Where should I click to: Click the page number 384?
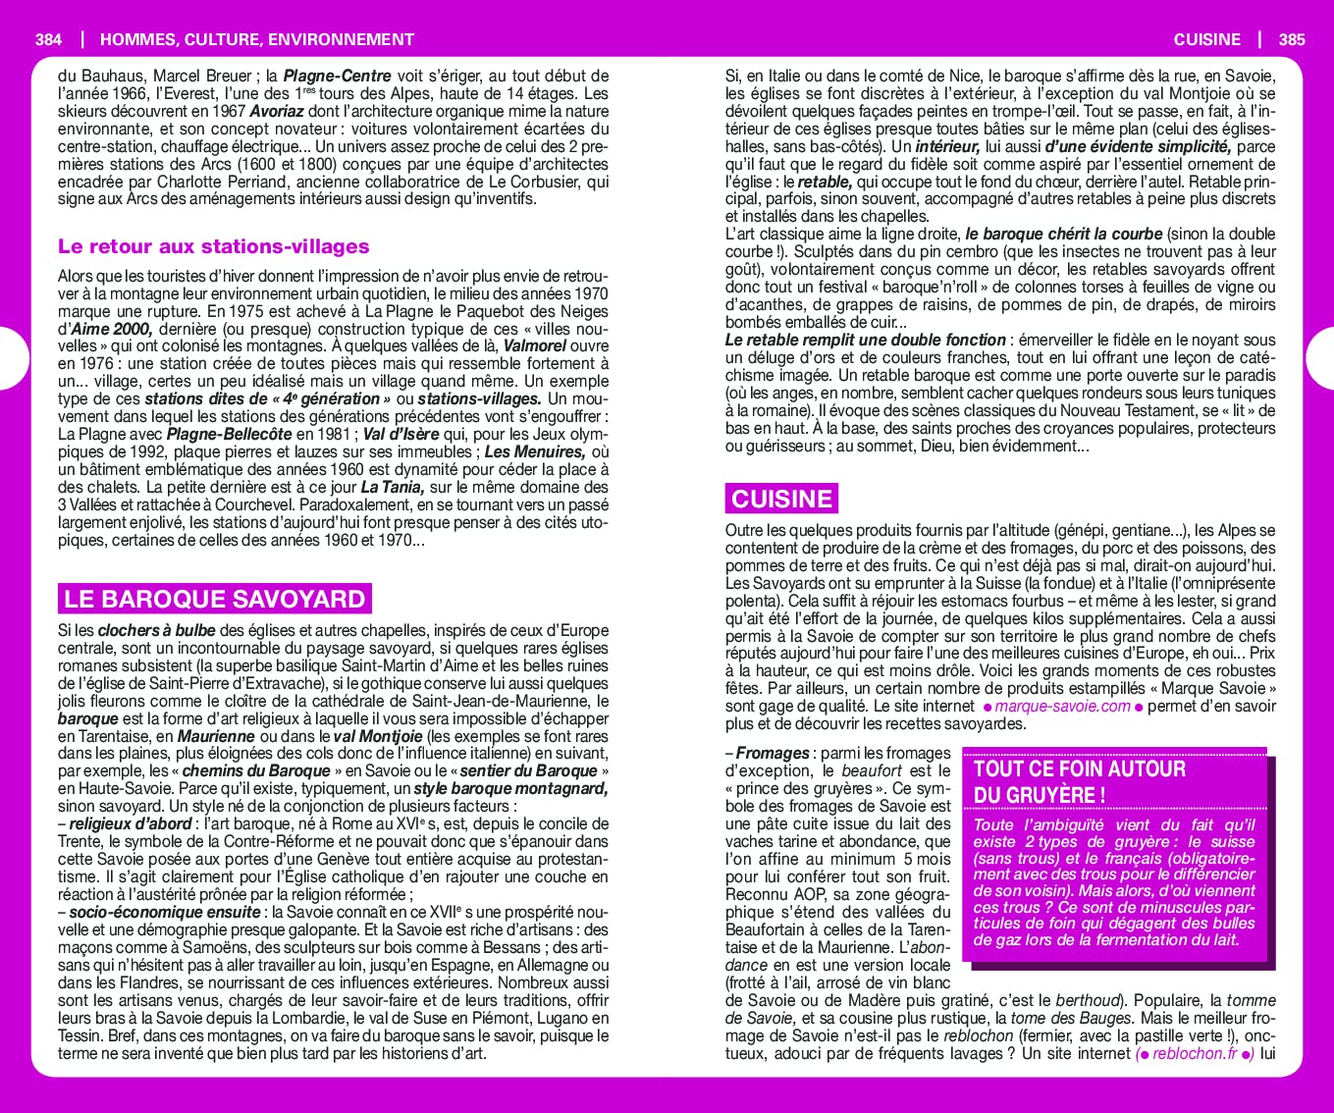pyautogui.click(x=48, y=40)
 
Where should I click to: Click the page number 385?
pyautogui.click(x=1292, y=40)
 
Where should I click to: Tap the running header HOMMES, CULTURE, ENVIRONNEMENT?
pyautogui.click(x=257, y=40)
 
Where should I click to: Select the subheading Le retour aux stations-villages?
pyautogui.click(x=213, y=246)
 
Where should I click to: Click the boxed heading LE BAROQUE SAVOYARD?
pyautogui.click(x=214, y=599)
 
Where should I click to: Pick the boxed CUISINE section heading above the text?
pyautogui.click(x=781, y=499)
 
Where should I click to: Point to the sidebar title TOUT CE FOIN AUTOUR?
pyautogui.click(x=1079, y=769)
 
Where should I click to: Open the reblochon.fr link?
pyautogui.click(x=1195, y=1054)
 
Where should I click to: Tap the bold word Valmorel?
pyautogui.click(x=535, y=346)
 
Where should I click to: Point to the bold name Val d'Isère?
pyautogui.click(x=400, y=434)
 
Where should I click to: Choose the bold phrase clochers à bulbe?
pyautogui.click(x=156, y=630)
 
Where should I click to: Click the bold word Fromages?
pyautogui.click(x=773, y=754)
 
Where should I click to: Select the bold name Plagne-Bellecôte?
pyautogui.click(x=230, y=434)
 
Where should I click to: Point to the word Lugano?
pyautogui.click(x=560, y=1019)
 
